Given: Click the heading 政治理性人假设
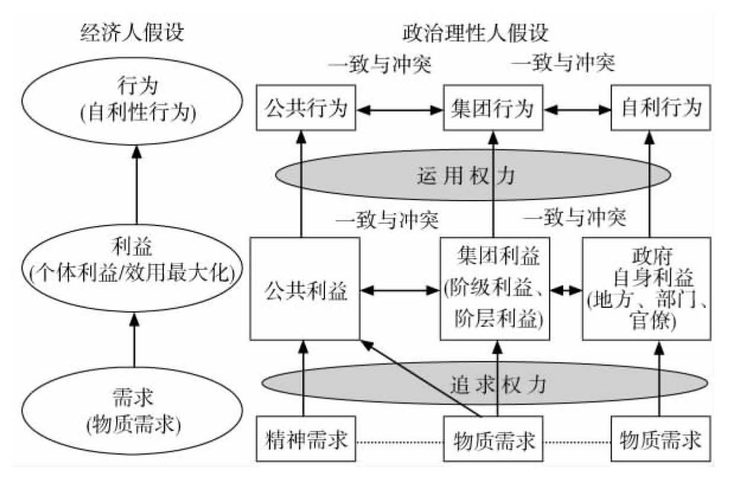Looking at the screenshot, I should pyautogui.click(x=475, y=33).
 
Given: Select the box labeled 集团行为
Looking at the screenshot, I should pyautogui.click(x=494, y=108).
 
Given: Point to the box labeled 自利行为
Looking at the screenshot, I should pyautogui.click(x=661, y=108).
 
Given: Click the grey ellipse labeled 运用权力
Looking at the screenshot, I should pyautogui.click(x=473, y=176).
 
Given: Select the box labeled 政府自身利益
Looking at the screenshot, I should pyautogui.click(x=646, y=290).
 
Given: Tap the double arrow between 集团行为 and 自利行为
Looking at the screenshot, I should pyautogui.click(x=578, y=109).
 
